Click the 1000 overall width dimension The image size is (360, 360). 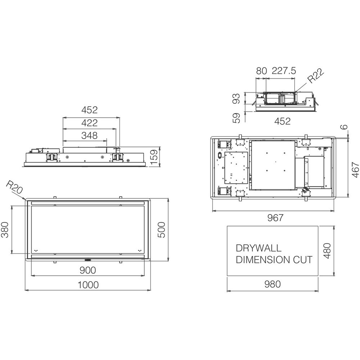pyautogui.click(x=88, y=285)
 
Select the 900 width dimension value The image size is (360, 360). pyautogui.click(x=88, y=270)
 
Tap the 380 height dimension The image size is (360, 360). pyautogui.click(x=5, y=229)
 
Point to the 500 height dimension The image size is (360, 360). pyautogui.click(x=162, y=229)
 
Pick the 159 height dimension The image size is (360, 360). pyautogui.click(x=154, y=157)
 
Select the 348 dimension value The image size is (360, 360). pyautogui.click(x=89, y=136)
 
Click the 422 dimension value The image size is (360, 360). pyautogui.click(x=89, y=123)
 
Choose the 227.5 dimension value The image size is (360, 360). pyautogui.click(x=284, y=71)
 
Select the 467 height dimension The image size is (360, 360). pyautogui.click(x=355, y=170)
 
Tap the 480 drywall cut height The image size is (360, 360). pyautogui.click(x=327, y=251)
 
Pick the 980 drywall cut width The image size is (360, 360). pyautogui.click(x=273, y=284)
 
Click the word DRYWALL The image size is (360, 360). pyautogui.click(x=258, y=248)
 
